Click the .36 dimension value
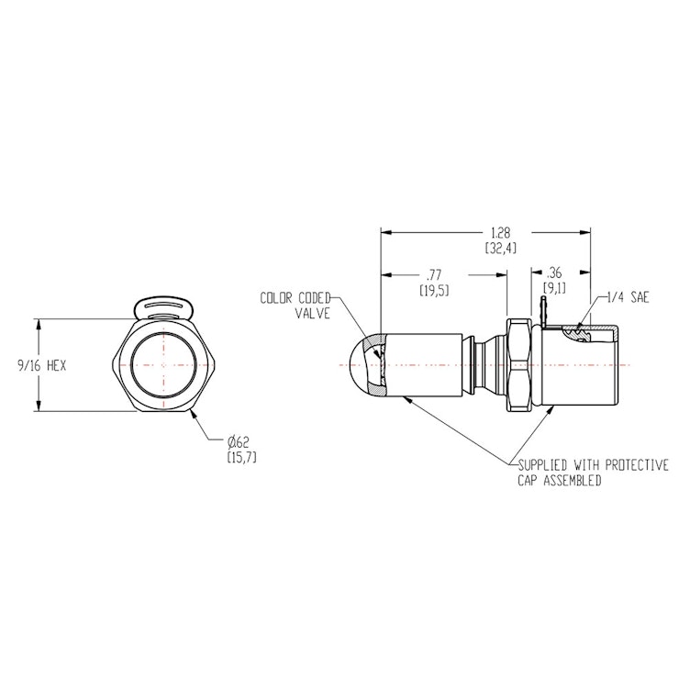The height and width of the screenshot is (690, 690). point(553,272)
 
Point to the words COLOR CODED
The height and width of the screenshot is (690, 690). point(295,298)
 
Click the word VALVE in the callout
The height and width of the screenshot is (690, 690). point(311,312)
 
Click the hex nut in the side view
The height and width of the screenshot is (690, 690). point(518,365)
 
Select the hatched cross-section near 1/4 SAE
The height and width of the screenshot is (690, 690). point(578,334)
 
